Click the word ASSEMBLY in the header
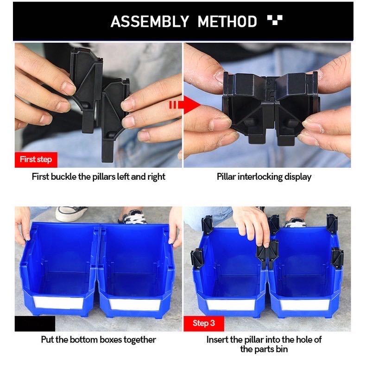coord(150,21)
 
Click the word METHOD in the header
coord(227,21)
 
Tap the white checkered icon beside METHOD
coord(275,19)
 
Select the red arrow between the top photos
coord(185,105)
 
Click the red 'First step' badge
coord(36,160)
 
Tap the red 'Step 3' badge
coord(204,323)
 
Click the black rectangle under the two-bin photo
coord(35,323)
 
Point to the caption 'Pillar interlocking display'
coord(264,177)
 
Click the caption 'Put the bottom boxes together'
coord(99,340)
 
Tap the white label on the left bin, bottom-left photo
coord(58,303)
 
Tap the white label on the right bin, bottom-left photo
coord(135,304)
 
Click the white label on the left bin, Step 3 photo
coord(231,305)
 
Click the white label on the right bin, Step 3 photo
coord(304,305)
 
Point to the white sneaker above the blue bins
coord(71,213)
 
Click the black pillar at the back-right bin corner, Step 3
coord(332,224)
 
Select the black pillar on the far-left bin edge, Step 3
coord(197,258)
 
